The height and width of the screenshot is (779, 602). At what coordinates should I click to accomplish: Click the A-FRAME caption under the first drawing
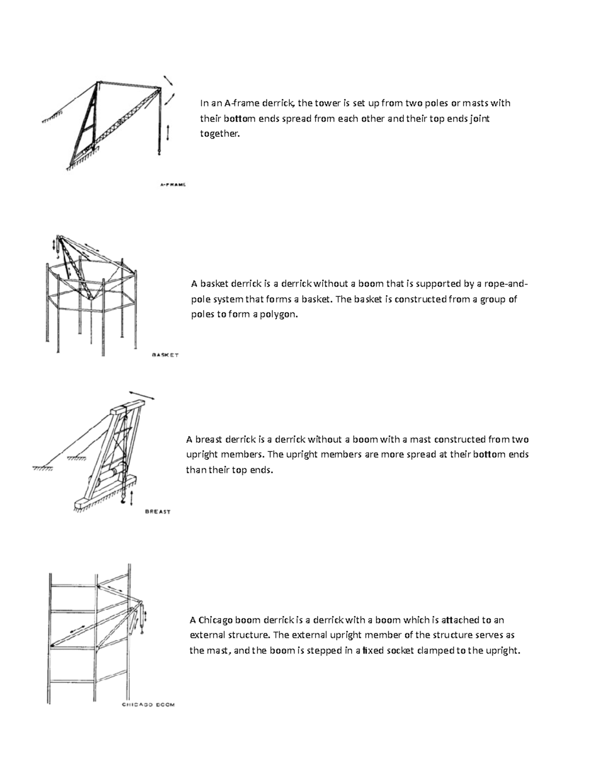(x=173, y=185)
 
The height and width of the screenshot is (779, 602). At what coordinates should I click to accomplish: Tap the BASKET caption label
(x=165, y=355)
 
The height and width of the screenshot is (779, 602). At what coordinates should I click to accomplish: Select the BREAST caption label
(x=158, y=512)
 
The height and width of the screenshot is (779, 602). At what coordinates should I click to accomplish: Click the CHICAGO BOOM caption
(x=148, y=704)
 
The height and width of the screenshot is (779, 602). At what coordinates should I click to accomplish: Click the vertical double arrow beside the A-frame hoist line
(x=168, y=133)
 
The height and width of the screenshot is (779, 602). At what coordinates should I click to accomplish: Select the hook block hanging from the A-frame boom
(x=160, y=149)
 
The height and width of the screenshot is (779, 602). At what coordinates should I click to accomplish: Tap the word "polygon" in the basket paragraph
(x=277, y=315)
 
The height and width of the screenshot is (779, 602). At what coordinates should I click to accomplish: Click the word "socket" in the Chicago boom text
(x=399, y=651)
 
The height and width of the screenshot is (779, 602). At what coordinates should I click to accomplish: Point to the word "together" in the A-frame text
(x=219, y=134)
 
